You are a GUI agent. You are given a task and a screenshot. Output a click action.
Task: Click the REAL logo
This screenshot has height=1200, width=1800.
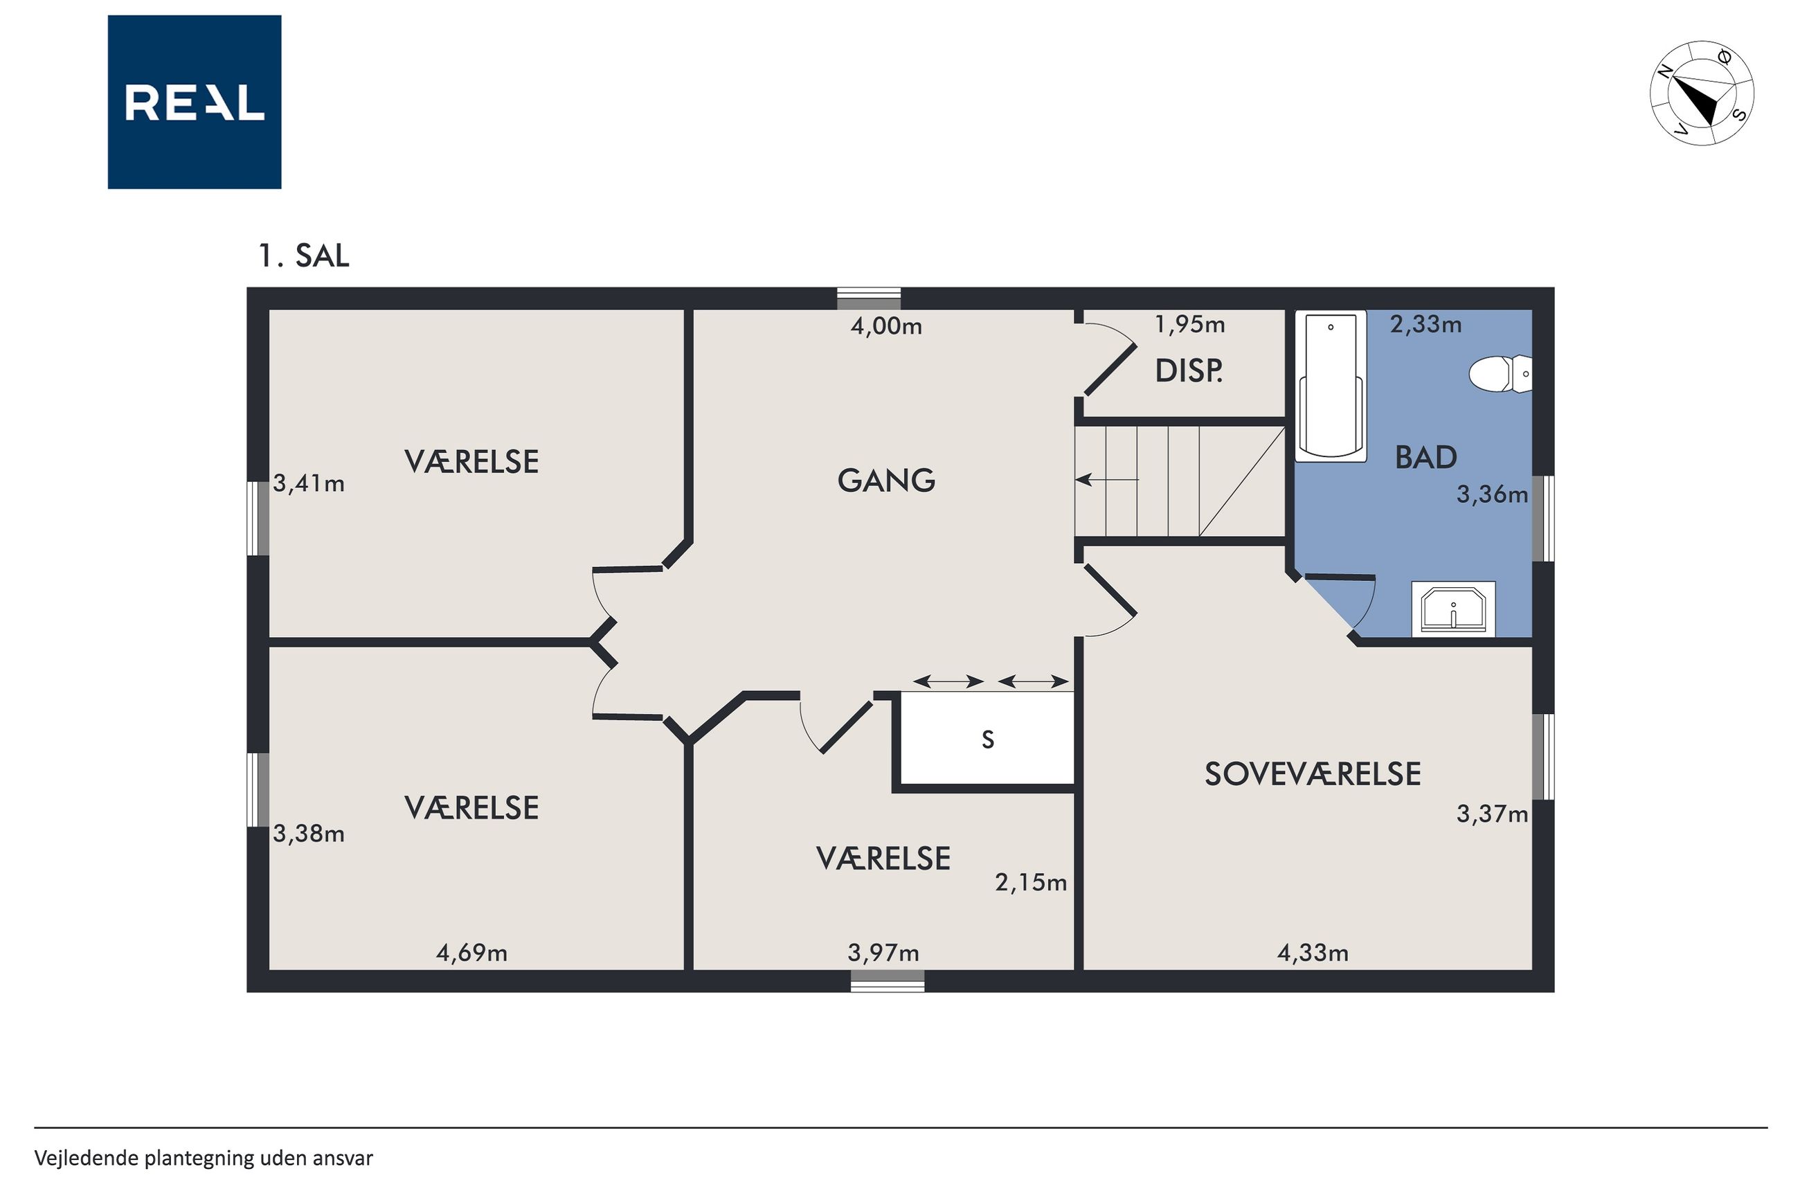(x=195, y=102)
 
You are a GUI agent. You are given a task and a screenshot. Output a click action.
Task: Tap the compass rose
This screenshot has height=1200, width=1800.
(x=1701, y=93)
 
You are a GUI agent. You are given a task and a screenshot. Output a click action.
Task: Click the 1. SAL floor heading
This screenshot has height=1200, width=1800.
(x=304, y=256)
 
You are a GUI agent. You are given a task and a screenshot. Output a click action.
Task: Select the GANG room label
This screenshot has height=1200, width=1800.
(x=886, y=481)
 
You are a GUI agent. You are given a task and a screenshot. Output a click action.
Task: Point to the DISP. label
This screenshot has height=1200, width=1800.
(x=1188, y=371)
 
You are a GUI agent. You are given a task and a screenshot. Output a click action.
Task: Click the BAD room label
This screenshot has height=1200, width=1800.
(x=1425, y=458)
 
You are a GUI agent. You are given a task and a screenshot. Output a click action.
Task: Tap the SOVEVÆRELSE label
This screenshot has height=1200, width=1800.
(x=1313, y=774)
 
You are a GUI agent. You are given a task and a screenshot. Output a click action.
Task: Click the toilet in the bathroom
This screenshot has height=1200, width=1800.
(x=1500, y=374)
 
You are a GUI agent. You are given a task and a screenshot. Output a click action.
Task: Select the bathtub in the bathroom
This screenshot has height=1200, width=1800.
(x=1331, y=386)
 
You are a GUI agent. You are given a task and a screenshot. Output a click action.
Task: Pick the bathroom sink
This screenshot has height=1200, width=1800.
(x=1453, y=609)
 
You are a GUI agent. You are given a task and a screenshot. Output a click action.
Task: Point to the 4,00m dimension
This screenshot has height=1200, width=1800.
(x=886, y=327)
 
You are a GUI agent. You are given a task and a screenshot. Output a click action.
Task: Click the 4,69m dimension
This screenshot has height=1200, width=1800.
(x=471, y=953)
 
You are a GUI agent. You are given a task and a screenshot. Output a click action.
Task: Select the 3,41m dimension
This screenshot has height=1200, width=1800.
(x=308, y=484)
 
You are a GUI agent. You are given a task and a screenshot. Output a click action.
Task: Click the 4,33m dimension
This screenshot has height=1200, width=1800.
(x=1313, y=953)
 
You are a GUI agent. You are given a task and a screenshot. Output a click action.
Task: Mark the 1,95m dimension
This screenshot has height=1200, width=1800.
(x=1189, y=325)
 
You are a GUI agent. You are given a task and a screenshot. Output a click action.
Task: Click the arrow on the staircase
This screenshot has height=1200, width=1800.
(x=1107, y=480)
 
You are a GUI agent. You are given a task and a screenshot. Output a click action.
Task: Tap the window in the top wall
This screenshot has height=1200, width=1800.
(x=868, y=298)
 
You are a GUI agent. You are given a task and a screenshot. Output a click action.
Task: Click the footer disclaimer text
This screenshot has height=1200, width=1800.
(x=204, y=1158)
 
